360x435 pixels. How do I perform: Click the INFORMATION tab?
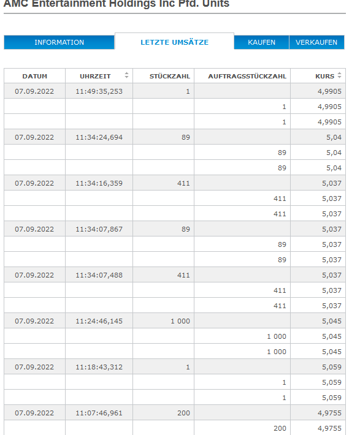(x=59, y=42)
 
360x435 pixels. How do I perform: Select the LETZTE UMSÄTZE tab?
(x=174, y=42)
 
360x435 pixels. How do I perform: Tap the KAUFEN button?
(x=261, y=42)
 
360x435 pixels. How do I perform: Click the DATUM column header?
(x=35, y=76)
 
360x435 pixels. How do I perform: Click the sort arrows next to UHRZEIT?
(x=126, y=75)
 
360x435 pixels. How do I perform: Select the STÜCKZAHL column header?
(x=170, y=76)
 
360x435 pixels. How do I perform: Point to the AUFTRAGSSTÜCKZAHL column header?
(x=247, y=76)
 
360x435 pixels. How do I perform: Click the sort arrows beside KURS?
(x=340, y=75)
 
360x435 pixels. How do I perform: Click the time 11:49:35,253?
(x=99, y=91)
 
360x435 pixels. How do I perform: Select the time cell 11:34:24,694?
(x=99, y=137)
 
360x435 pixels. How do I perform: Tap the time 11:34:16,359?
(x=99, y=183)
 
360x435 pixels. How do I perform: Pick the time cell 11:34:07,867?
(x=99, y=229)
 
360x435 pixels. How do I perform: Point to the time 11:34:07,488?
(x=99, y=275)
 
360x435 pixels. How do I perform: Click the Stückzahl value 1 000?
(x=180, y=321)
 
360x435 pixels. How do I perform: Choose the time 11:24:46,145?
(x=99, y=321)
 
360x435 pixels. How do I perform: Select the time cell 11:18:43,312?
(x=99, y=367)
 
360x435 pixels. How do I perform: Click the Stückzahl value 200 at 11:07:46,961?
(x=183, y=413)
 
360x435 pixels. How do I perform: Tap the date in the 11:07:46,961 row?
(x=35, y=413)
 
